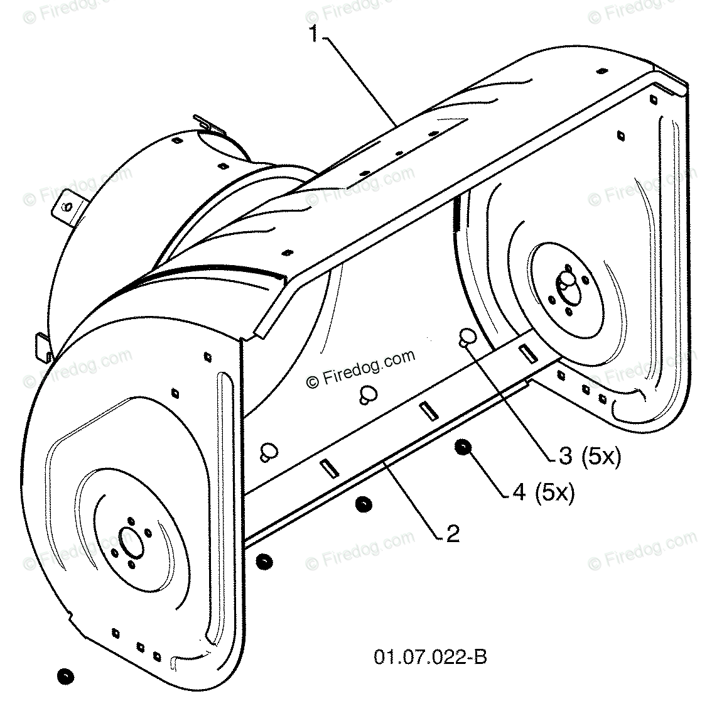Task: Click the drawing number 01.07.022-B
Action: point(431,658)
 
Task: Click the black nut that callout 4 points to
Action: point(463,448)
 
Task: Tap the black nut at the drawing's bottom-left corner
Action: point(64,676)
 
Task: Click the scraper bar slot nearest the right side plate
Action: point(525,354)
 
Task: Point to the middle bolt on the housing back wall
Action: point(367,394)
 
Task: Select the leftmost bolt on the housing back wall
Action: point(269,450)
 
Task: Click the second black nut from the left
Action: point(264,561)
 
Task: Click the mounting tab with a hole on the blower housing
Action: point(67,206)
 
